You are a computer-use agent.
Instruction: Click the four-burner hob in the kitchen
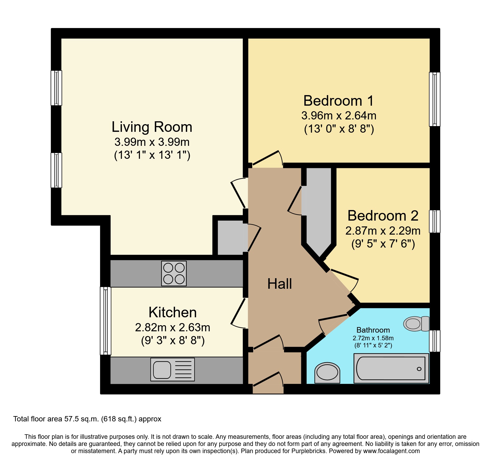[174, 273]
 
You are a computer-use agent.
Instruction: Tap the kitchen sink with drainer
[172, 369]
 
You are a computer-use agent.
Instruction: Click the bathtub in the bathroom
[391, 368]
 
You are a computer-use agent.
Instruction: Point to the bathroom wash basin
[327, 373]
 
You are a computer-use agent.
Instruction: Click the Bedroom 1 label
[338, 101]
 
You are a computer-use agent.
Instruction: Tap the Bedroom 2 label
[383, 216]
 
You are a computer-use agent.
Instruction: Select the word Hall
[279, 284]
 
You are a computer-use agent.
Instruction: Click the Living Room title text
[152, 127]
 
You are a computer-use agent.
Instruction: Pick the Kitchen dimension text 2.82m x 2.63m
[172, 328]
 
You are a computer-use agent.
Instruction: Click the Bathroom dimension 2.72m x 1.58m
[373, 338]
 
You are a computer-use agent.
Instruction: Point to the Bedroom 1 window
[435, 99]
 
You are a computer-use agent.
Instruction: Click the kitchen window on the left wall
[105, 321]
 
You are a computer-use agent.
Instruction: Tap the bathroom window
[435, 341]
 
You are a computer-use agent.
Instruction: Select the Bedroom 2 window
[435, 221]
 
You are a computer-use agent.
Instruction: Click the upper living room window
[56, 88]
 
